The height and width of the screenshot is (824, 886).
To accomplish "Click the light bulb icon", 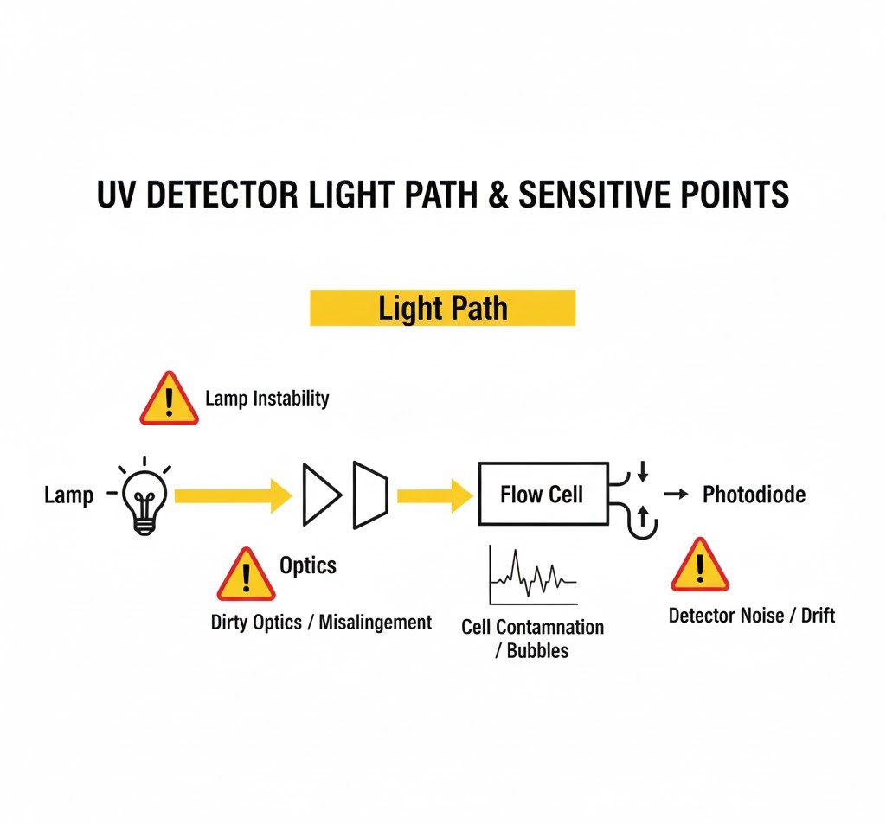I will (144, 498).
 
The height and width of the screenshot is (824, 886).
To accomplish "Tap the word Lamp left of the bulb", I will (68, 496).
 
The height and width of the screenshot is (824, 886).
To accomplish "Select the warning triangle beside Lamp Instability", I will (170, 400).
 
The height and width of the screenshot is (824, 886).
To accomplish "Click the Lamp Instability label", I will (266, 399).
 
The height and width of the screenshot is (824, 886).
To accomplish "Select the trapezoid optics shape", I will (371, 495).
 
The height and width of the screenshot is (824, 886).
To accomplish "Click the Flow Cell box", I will (542, 495).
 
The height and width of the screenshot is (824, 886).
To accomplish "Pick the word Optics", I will (308, 565).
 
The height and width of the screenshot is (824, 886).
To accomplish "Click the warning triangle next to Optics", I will (246, 575).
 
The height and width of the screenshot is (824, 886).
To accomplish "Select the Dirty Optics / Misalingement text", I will (321, 622).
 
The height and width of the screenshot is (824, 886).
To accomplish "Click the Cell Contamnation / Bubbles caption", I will (532, 638).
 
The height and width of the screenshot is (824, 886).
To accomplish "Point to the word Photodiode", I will (754, 495).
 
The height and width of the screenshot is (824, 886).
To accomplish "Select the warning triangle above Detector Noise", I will (700, 565).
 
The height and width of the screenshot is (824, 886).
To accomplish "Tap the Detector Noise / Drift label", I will (751, 616).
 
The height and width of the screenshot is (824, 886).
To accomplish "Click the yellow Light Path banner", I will (442, 308).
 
